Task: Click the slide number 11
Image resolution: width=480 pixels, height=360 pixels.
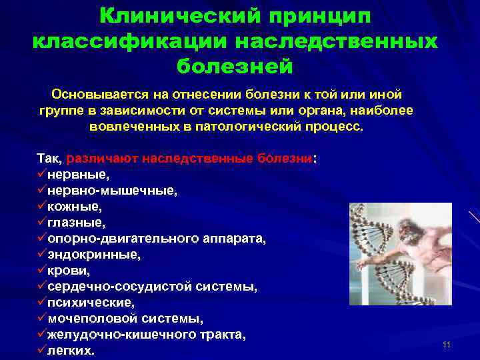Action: point(446,345)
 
